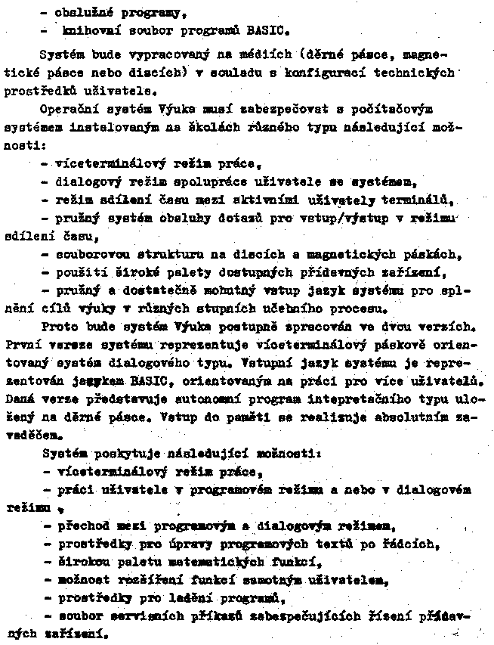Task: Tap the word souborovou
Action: [88, 255]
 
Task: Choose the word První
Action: [23, 346]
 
